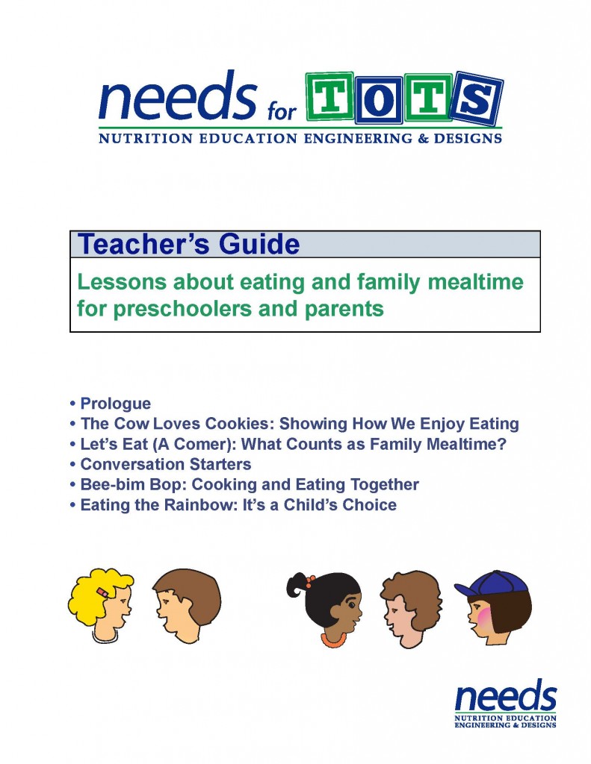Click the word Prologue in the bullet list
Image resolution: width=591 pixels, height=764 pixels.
[x=116, y=404]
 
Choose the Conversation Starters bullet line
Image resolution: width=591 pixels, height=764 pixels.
[x=160, y=464]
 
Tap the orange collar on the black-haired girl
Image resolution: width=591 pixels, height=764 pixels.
[x=332, y=639]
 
